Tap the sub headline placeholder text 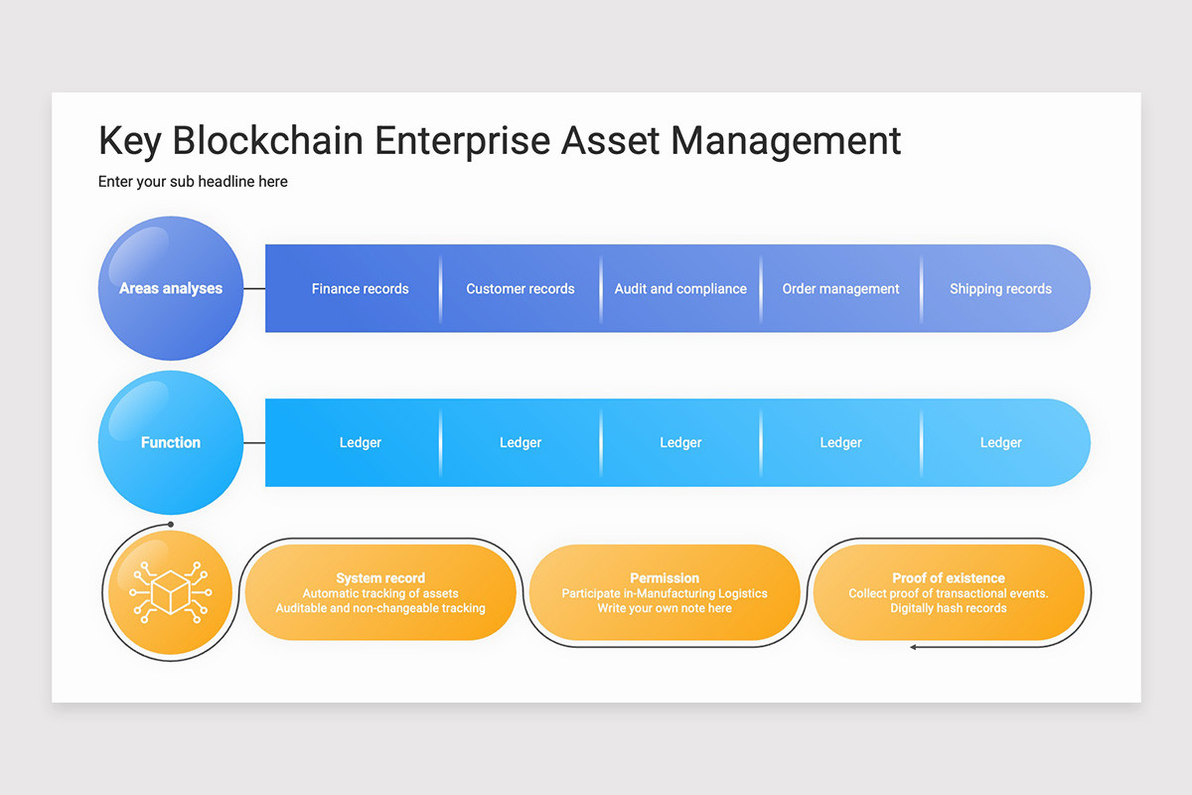[193, 182]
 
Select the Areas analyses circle [171, 288]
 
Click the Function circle [171, 442]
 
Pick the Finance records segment [360, 289]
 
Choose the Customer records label [521, 289]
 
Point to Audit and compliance [680, 289]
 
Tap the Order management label [840, 289]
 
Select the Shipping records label [1000, 289]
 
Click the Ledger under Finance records [360, 443]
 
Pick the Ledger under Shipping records [1000, 443]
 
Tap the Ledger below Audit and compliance [680, 443]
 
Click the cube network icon [170, 592]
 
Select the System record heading [380, 577]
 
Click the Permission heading [665, 577]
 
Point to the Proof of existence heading [948, 577]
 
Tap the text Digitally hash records [948, 608]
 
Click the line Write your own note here [665, 608]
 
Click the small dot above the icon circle [171, 524]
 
